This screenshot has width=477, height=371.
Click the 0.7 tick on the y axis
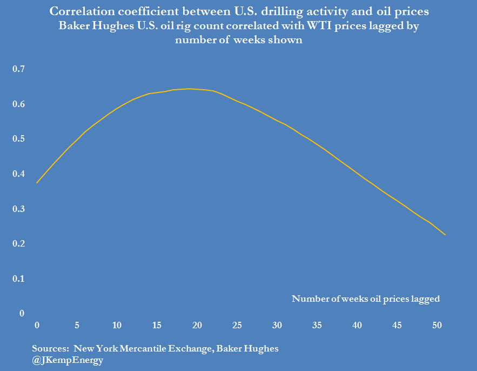click(19, 69)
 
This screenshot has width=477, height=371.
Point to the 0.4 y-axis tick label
click(19, 174)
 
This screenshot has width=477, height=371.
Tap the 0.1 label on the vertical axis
click(19, 279)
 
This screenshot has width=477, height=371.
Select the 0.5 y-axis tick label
click(19, 139)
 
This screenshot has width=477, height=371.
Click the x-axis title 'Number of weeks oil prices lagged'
click(366, 299)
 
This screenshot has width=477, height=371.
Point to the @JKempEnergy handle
click(68, 360)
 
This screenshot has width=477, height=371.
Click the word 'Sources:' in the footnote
click(50, 348)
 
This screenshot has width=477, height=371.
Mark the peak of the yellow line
click(189, 89)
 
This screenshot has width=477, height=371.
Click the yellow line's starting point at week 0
click(37, 183)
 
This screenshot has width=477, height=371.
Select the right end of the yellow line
click(445, 235)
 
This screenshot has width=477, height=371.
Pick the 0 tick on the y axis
click(22, 313)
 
